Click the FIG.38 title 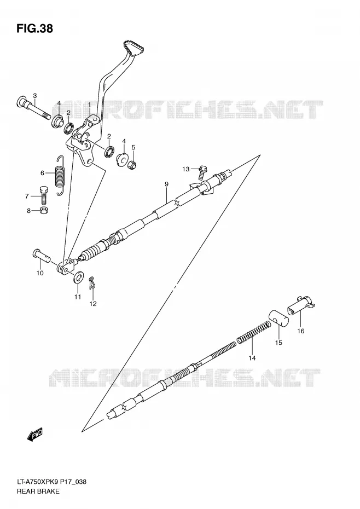coord(34,29)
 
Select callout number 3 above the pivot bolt coord(34,95)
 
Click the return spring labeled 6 coord(60,176)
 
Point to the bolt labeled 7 coord(44,195)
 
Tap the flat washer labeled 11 coord(78,277)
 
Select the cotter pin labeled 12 coord(92,282)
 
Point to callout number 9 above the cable coord(166,184)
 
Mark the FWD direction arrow coord(34,435)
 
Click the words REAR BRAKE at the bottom coord(38,491)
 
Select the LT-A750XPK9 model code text coord(38,482)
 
